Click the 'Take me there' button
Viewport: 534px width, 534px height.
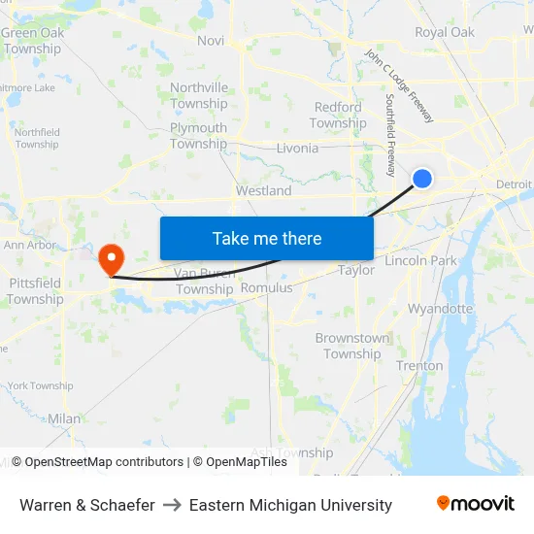pos(267,238)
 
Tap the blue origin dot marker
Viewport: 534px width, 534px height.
pos(422,178)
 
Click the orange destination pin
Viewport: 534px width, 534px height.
pos(112,259)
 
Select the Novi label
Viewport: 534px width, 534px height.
pos(211,40)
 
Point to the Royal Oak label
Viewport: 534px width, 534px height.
pos(445,32)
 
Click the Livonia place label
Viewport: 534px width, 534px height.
pos(297,149)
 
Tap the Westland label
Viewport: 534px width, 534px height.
pos(264,191)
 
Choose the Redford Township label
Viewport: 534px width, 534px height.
pos(338,116)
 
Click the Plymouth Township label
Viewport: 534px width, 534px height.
pos(198,136)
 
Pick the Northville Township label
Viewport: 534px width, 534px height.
pos(199,95)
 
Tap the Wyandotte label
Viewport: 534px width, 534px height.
pos(440,309)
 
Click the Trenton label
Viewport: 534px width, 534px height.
pos(419,366)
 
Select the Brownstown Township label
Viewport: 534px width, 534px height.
pos(351,346)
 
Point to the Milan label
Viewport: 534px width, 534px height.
pos(65,418)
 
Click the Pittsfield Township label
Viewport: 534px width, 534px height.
pos(36,291)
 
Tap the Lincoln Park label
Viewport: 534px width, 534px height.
pos(420,260)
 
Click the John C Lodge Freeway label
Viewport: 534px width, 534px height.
pos(399,86)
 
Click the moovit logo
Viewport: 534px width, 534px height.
pos(476,504)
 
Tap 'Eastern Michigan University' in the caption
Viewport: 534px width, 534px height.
pos(290,505)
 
